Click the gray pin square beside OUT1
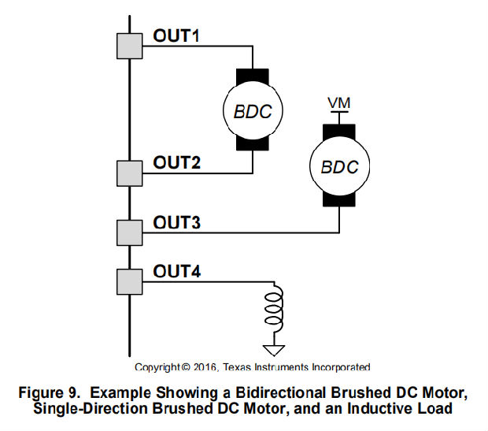click(x=128, y=46)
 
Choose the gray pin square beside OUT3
click(x=128, y=232)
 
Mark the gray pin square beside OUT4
click(x=128, y=281)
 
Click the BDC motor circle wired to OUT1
click(x=253, y=111)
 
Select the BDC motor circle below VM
click(x=339, y=167)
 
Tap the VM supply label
click(x=339, y=102)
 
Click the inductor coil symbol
click(x=274, y=308)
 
